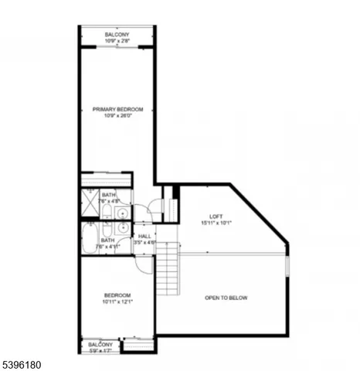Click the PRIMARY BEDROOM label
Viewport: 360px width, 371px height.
pos(118,110)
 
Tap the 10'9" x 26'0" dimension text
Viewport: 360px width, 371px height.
pos(118,117)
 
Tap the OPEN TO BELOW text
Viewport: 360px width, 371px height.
pos(226,298)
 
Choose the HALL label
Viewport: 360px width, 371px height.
pos(144,237)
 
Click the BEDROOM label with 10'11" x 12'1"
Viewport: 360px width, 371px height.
pos(117,294)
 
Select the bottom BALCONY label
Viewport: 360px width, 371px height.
pos(100,344)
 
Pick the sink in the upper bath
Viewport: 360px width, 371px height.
pos(122,209)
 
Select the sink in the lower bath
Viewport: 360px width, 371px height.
pos(122,229)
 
